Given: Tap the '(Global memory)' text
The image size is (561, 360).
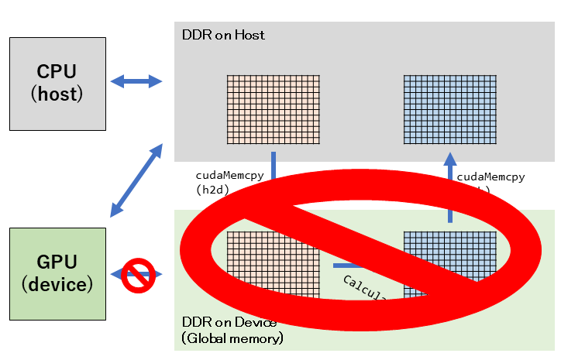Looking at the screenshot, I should pyautogui.click(x=232, y=338).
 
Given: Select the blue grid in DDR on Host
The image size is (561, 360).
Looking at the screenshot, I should pyautogui.click(x=449, y=109).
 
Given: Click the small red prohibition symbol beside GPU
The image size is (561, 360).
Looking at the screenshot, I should pyautogui.click(x=137, y=274).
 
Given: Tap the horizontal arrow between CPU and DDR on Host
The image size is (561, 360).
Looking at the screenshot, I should pyautogui.click(x=136, y=81).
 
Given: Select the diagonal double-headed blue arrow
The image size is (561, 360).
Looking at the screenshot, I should pyautogui.click(x=136, y=179).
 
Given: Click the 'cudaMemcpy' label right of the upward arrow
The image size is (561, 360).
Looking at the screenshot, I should pyautogui.click(x=490, y=177).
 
